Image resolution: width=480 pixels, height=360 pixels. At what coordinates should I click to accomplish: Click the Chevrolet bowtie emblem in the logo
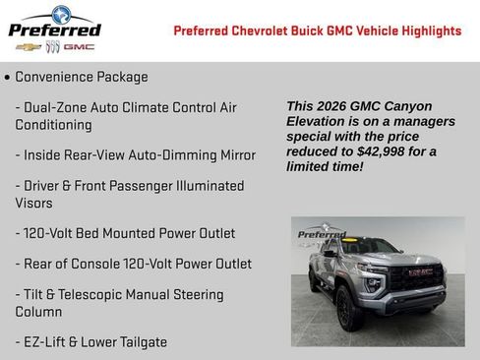click(x=29, y=46)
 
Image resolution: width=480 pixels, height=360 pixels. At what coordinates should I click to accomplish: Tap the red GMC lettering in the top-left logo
click(x=79, y=46)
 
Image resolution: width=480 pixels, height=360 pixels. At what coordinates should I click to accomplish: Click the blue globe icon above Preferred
click(x=61, y=13)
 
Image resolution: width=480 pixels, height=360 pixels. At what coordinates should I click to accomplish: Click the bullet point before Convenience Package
click(x=7, y=78)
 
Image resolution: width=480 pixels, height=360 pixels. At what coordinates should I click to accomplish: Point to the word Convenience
click(x=54, y=77)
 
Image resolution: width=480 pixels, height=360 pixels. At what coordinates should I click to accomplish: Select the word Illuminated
click(x=201, y=185)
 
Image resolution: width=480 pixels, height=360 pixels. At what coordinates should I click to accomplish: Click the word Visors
click(x=34, y=203)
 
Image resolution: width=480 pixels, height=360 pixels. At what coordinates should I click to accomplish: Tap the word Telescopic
click(x=96, y=294)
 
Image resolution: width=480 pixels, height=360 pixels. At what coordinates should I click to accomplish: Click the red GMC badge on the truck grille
click(x=420, y=271)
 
